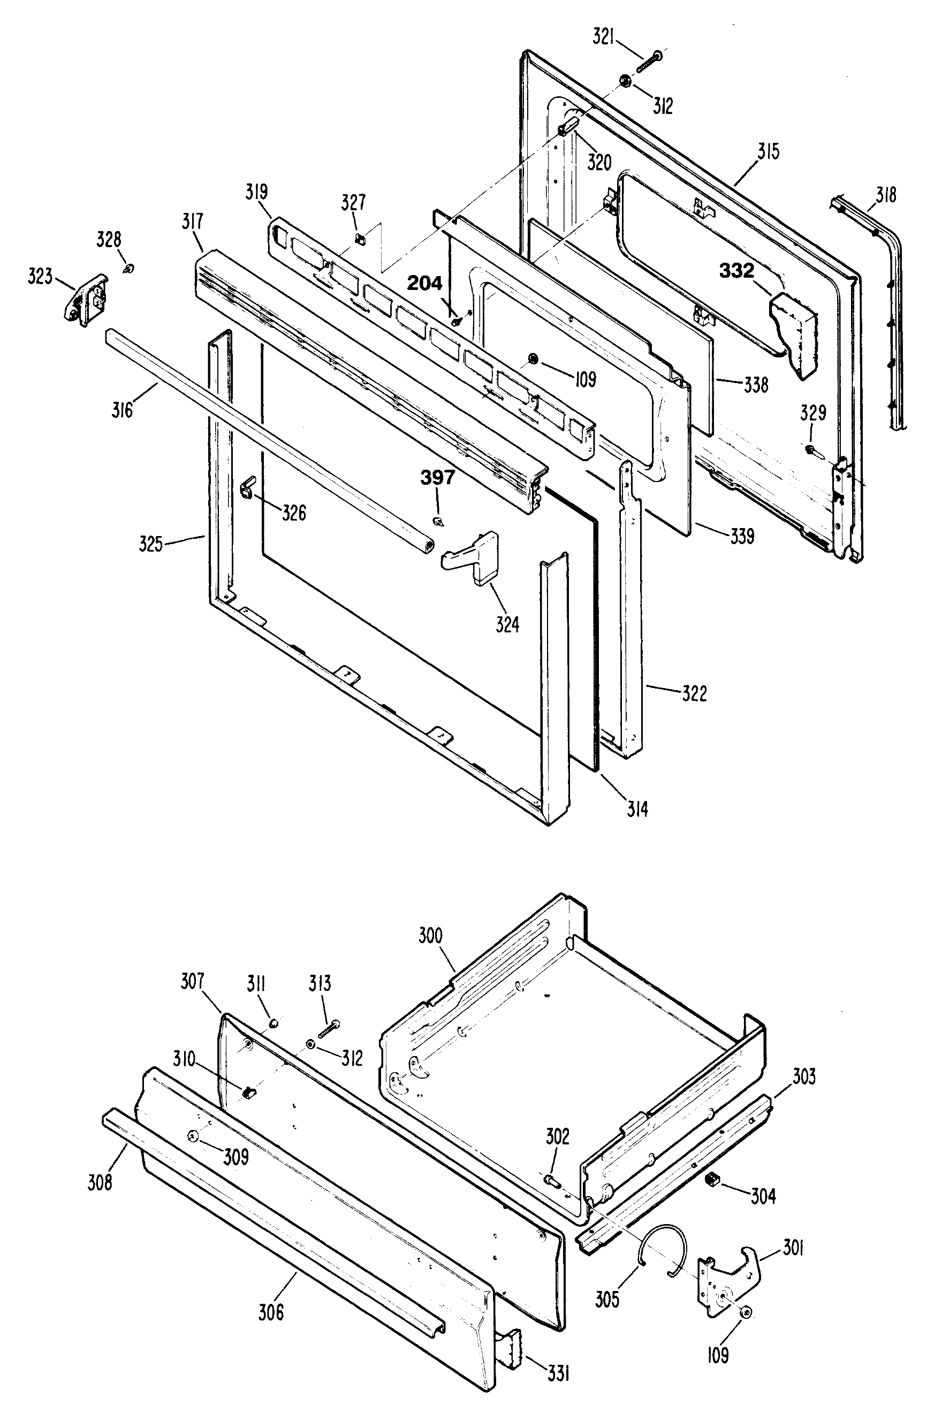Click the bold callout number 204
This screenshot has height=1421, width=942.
(425, 284)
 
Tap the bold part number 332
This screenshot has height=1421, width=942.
(736, 271)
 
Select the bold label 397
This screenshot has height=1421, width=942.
(437, 478)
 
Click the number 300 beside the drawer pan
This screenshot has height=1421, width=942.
(430, 936)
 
